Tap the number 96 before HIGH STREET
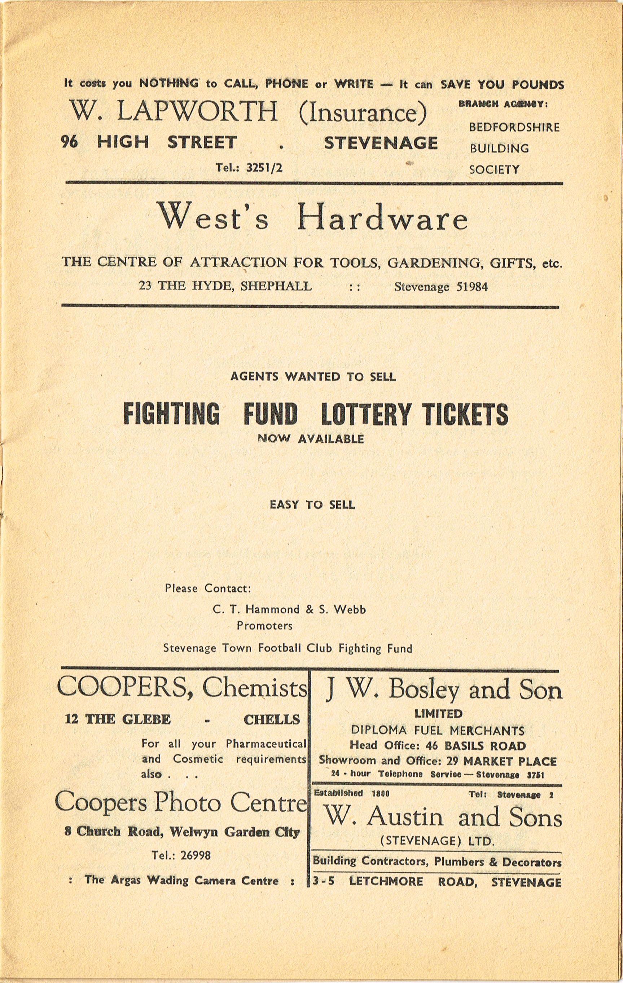pos(69,142)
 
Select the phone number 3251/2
pos(264,167)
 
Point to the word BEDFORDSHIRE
pos(514,127)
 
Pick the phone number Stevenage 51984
pos(440,287)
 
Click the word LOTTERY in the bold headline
pos(366,414)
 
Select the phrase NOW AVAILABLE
pos(311,439)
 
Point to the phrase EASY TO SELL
pos(312,505)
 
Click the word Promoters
pos(264,625)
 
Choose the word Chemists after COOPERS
pos(254,689)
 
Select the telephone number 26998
pos(192,855)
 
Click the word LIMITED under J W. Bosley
pos(438,714)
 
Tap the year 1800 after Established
pos(381,793)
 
